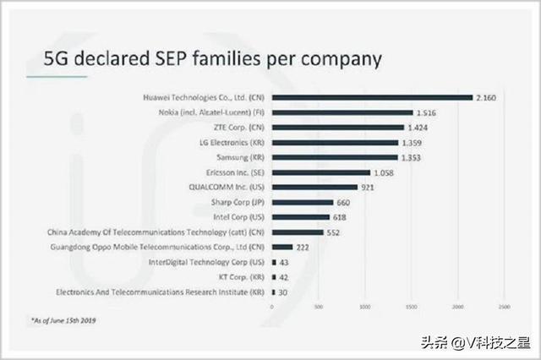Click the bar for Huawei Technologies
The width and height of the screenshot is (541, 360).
point(372,97)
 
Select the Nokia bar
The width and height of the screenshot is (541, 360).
point(342,112)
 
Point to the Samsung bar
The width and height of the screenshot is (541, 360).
point(334,157)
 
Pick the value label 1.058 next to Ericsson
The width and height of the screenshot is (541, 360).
point(383,172)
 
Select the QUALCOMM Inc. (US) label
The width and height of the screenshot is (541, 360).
point(227,187)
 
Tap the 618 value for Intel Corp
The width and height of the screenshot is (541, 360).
point(342,217)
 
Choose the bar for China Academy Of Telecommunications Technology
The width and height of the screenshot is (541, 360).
point(297,232)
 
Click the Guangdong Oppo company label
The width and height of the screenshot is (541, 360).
point(158,247)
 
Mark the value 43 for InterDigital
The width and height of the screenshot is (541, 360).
point(285,262)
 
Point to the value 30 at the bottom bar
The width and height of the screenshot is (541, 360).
point(284,292)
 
